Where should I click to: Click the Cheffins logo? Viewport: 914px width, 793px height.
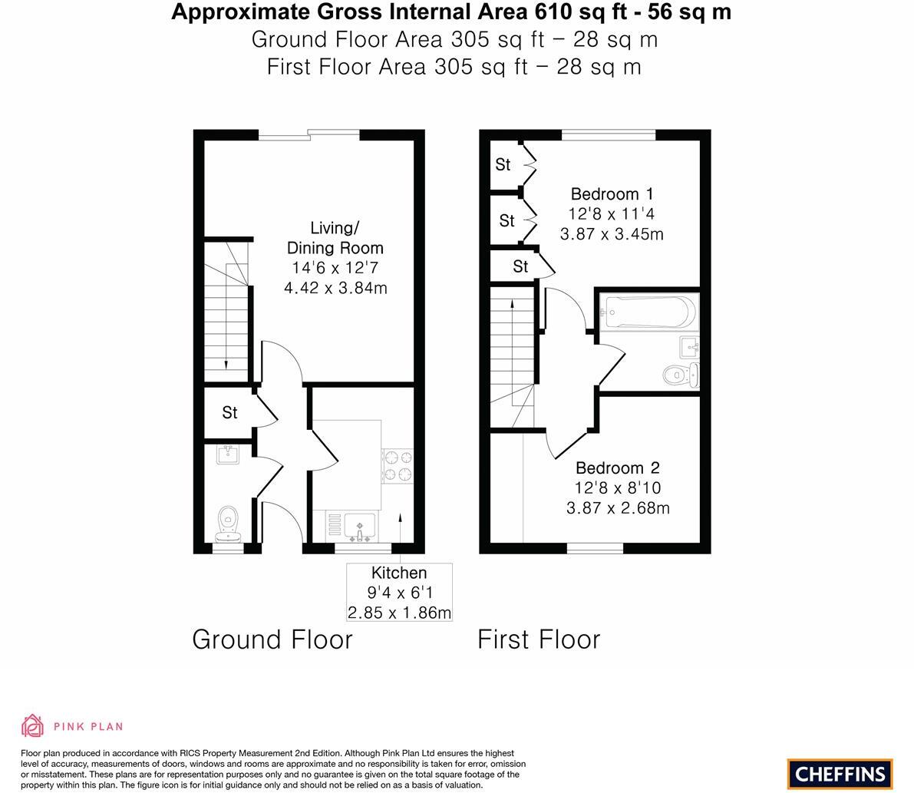840,774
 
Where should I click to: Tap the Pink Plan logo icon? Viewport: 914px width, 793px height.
33,725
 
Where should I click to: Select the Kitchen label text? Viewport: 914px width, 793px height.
398,573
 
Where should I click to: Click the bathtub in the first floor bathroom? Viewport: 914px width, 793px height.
648,312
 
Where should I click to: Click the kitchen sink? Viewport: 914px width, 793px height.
358,527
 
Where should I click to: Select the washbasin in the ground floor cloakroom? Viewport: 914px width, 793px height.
228,454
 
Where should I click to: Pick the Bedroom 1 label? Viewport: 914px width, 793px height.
612,193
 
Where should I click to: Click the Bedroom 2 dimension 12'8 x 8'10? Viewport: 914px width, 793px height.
618,488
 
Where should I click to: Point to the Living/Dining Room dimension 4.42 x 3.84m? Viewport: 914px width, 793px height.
335,289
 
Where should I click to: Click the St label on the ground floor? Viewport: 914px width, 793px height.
229,413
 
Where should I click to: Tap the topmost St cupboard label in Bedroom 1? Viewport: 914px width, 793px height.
503,164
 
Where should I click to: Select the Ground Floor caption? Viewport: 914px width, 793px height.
272,639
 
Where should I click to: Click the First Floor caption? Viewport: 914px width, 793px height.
539,639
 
